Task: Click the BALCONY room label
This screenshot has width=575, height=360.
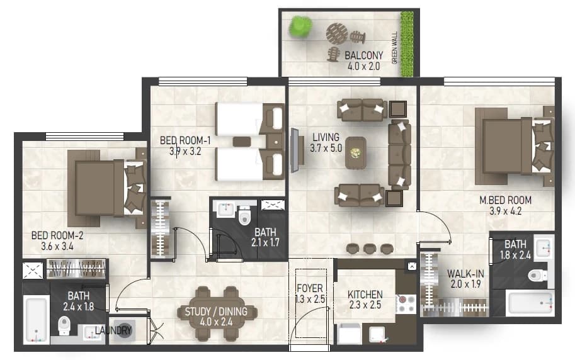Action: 364,55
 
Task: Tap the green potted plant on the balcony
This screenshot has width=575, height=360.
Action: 300,26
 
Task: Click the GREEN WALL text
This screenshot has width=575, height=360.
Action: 395,48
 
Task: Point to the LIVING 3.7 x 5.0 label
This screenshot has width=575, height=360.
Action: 326,143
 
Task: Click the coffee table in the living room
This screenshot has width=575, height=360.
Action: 355,152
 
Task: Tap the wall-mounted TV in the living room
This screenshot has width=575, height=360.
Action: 295,150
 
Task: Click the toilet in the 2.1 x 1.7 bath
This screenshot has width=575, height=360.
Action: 244,215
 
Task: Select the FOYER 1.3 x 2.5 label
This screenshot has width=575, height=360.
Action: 310,294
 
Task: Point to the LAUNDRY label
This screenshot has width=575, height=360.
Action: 113,330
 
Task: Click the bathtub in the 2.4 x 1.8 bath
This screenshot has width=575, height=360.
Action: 36,320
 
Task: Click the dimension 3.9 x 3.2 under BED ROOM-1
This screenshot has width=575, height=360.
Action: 185,151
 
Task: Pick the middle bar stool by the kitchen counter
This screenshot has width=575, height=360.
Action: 370,249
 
